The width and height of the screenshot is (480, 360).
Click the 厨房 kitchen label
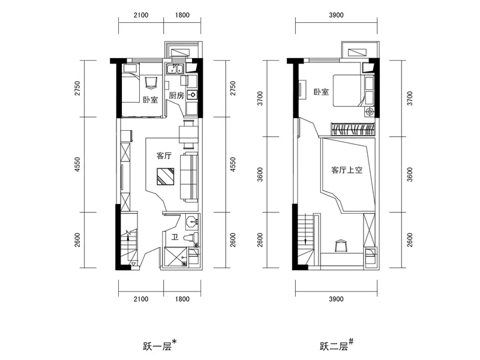coord(176,95)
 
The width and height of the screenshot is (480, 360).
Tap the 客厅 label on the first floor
coord(164,156)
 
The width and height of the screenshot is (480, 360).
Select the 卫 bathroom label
coord(175,237)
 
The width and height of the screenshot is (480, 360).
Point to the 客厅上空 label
coord(347,170)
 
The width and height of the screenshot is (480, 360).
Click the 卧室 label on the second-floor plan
coord(321,92)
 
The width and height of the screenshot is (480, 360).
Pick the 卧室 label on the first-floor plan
coord(151,100)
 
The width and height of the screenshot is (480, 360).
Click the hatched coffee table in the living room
coord(166,176)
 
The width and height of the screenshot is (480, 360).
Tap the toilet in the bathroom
coord(191,238)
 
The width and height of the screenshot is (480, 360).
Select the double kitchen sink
coord(175,69)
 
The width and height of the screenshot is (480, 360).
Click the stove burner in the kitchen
coord(193,95)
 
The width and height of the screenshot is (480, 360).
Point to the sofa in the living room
coord(189,177)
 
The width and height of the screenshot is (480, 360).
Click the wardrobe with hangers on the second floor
coord(353,129)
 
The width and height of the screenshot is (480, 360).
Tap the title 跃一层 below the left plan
coord(157,346)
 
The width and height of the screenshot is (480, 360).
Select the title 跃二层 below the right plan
coord(334,346)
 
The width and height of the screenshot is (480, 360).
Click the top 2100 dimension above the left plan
coord(141,15)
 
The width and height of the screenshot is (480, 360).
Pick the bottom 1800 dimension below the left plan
coord(182,299)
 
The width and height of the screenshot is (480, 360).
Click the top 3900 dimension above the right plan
coord(336,15)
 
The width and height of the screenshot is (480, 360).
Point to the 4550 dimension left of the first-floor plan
coord(77,164)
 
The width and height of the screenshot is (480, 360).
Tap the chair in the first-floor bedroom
coord(151,82)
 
